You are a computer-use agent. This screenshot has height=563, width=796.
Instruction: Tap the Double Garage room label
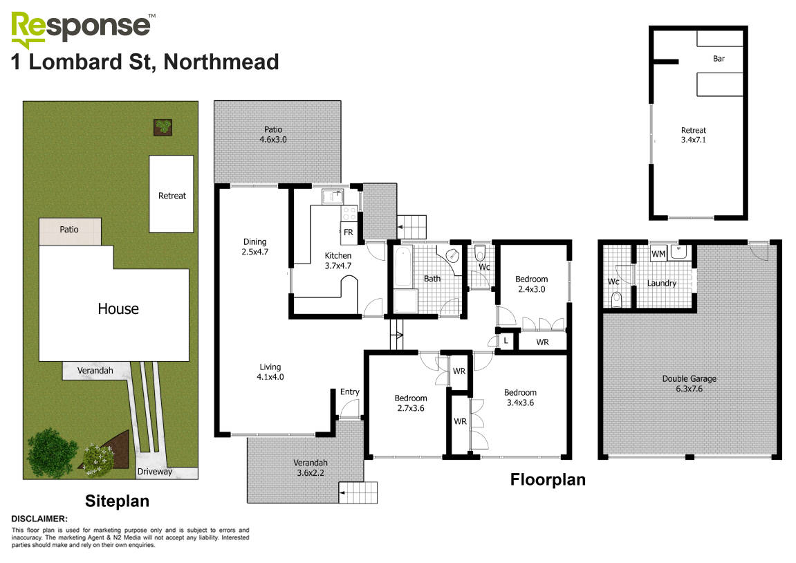tap(689, 383)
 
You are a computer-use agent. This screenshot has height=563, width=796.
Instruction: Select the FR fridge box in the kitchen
tap(349, 232)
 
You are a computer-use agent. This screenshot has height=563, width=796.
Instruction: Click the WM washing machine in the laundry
tap(658, 255)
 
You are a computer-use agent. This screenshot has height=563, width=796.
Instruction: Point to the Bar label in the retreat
tap(719, 59)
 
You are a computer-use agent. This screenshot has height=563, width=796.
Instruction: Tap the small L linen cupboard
tap(506, 340)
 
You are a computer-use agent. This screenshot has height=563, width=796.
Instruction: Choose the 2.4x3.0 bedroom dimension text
tap(530, 290)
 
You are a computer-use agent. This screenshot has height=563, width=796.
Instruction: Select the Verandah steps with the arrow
tap(358, 492)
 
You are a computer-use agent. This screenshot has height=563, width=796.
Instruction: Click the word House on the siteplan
tap(118, 308)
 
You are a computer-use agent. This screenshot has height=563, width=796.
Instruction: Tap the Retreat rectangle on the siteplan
tap(172, 194)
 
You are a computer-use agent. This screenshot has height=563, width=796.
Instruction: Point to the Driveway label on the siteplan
tap(154, 472)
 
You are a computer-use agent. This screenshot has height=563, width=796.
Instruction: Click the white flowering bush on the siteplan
tap(99, 457)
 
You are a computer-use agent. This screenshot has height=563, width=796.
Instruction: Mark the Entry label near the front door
tap(350, 392)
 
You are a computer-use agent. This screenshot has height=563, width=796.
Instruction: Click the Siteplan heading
tap(117, 500)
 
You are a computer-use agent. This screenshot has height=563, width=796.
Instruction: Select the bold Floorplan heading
tap(548, 479)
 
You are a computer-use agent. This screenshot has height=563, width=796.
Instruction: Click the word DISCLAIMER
tap(39, 518)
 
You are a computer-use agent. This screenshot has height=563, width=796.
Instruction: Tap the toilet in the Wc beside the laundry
tap(617, 299)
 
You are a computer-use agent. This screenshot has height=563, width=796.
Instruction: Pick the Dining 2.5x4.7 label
tap(255, 246)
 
